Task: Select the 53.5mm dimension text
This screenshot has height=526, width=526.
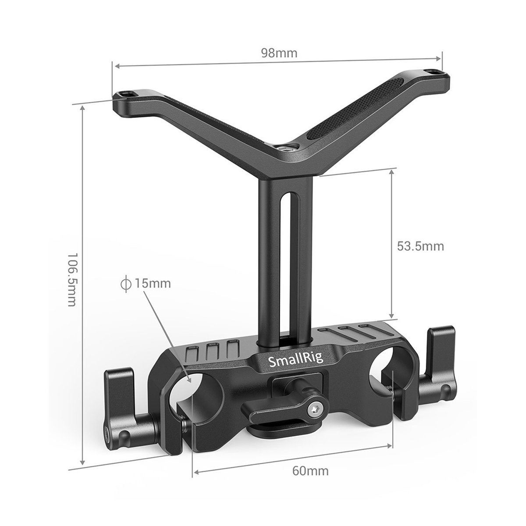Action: tap(420, 246)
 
